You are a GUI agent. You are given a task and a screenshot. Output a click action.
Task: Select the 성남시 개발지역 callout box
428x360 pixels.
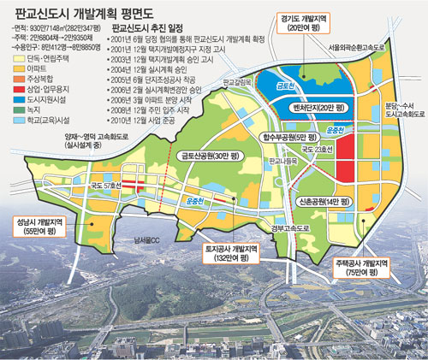point(38,225)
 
